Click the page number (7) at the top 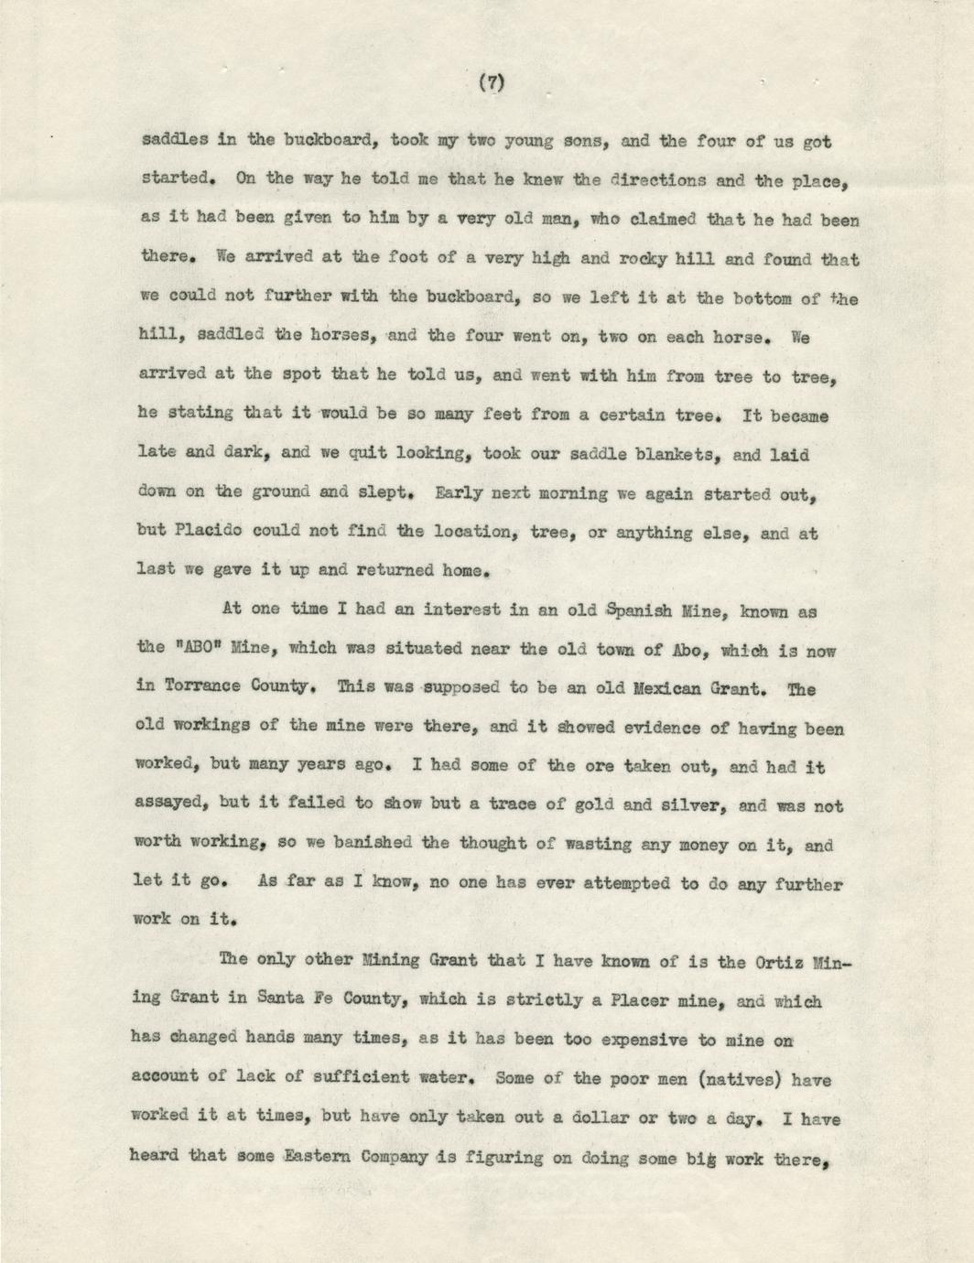point(492,84)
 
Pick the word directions point(652,180)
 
